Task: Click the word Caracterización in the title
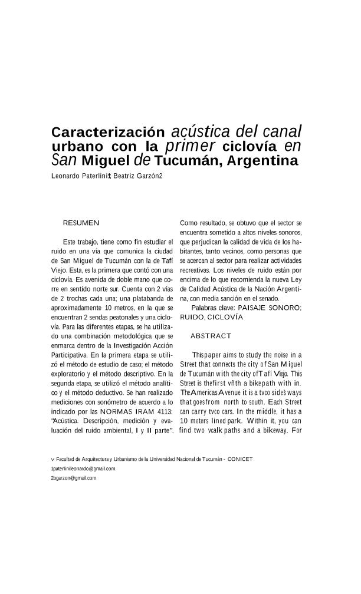tap(108, 131)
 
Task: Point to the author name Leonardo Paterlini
tap(78, 176)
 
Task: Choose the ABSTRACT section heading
tap(211, 336)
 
